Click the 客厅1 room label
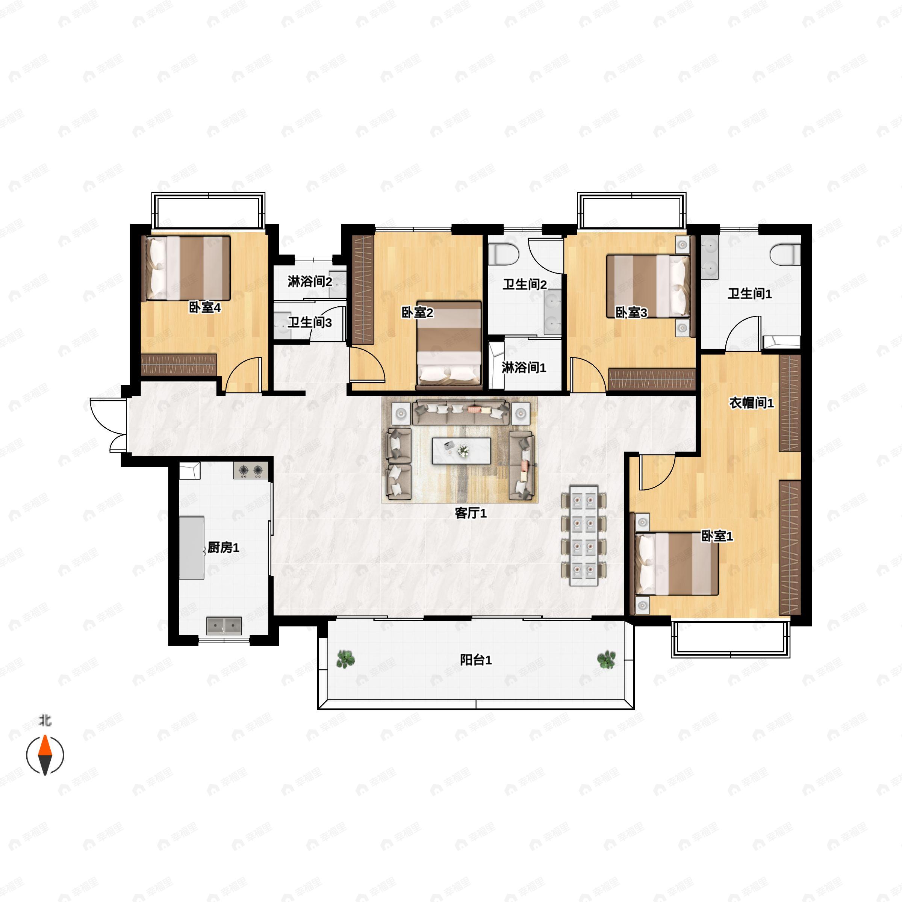click(x=471, y=513)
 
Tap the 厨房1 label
click(x=223, y=547)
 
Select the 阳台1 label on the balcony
click(x=476, y=660)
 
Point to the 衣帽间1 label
click(x=752, y=403)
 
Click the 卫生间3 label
click(x=310, y=322)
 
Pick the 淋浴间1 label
click(x=524, y=368)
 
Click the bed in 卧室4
click(x=188, y=268)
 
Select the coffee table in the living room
click(x=461, y=451)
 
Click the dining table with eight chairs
click(x=584, y=536)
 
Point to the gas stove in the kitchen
click(x=251, y=471)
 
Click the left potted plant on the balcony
click(x=345, y=659)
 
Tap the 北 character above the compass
click(x=45, y=721)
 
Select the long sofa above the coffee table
click(x=460, y=412)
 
